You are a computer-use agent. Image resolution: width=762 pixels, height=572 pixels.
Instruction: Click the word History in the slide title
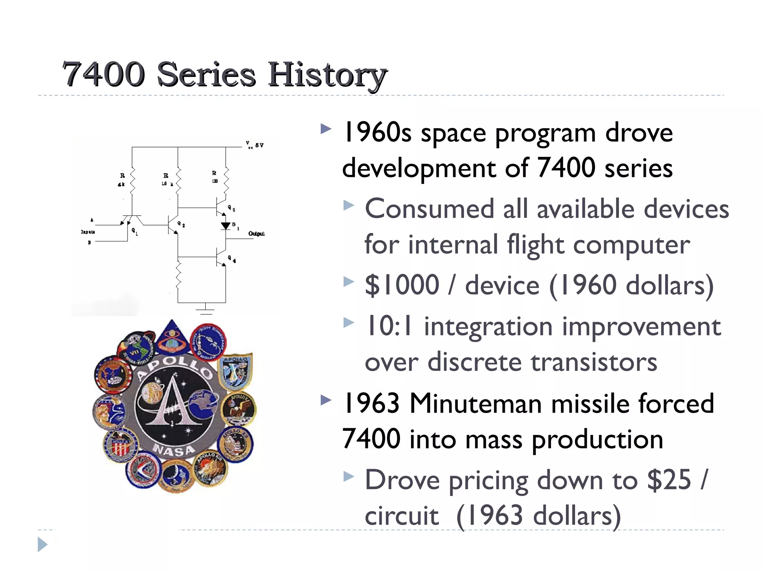(327, 74)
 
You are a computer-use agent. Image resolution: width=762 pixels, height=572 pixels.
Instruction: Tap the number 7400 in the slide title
(103, 74)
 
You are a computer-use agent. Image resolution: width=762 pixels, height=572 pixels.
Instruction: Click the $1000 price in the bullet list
(402, 285)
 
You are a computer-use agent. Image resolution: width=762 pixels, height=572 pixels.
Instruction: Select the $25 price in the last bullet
(669, 480)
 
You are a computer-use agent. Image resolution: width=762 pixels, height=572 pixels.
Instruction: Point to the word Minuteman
(475, 403)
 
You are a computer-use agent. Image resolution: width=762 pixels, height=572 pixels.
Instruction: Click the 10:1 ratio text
(389, 326)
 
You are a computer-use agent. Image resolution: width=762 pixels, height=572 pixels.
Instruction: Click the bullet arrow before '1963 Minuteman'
(326, 400)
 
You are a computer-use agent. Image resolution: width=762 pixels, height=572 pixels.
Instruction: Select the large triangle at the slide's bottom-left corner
(42, 544)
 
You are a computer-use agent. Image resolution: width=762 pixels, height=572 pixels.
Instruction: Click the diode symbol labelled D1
(225, 226)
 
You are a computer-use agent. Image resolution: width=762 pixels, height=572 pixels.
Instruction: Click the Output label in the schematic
(256, 233)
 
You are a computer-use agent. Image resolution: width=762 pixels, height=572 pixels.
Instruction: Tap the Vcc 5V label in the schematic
(255, 145)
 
